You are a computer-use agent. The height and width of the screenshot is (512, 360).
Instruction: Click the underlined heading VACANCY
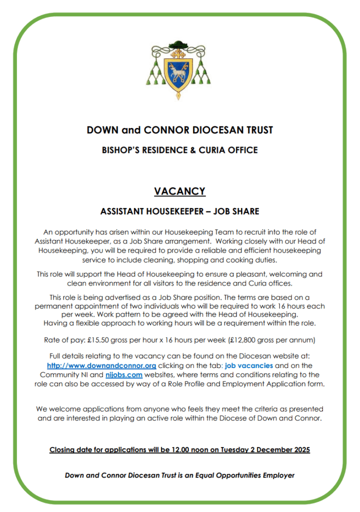pyautogui.click(x=179, y=191)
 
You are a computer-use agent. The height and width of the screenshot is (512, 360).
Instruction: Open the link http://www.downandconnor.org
pyautogui.click(x=101, y=365)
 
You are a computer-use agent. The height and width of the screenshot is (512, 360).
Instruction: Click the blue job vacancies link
pyautogui.click(x=249, y=365)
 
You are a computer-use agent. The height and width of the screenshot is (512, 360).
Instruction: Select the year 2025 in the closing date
pyautogui.click(x=299, y=449)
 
